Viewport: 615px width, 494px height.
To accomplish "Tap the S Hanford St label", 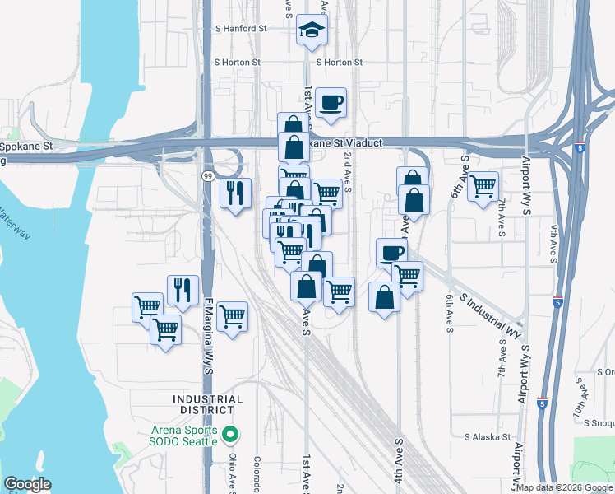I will pos(240,28).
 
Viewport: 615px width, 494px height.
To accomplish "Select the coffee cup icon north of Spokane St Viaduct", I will pos(331,103).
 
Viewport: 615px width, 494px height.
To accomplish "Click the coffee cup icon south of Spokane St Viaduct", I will pos(392,253).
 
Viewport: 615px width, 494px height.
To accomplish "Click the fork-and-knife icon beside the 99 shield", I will pos(236,193).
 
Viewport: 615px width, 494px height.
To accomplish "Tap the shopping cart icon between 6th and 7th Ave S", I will pos(483,186).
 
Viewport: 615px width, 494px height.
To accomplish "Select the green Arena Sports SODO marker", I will pos(232,433).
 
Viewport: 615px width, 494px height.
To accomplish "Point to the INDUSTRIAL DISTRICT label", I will pos(208,405).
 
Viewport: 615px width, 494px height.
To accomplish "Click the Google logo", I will pos(27,484).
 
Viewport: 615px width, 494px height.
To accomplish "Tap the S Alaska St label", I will pos(487,437).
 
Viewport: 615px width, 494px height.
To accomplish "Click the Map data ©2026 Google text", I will pos(564,487).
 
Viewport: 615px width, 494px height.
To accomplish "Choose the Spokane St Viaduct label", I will pos(346,143).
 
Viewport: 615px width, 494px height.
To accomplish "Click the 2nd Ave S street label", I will pos(348,172).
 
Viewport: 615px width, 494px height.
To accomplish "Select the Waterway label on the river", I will pos(16,226).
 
